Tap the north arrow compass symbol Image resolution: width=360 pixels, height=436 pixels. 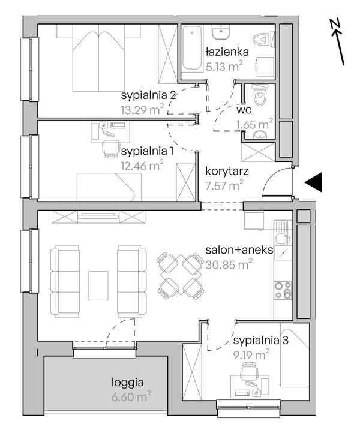click(338, 42)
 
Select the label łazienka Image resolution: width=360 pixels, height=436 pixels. click(227, 52)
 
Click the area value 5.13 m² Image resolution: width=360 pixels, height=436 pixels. click(224, 66)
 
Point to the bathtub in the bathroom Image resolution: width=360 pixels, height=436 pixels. click(191, 47)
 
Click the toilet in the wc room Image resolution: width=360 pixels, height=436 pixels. click(260, 97)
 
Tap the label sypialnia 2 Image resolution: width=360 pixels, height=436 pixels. click(148, 95)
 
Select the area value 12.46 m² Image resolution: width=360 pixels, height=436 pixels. click(142, 166)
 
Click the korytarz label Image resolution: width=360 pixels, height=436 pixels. click(227, 172)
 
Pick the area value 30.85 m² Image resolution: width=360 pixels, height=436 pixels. click(229, 264)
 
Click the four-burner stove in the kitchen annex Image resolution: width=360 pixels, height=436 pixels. click(283, 290)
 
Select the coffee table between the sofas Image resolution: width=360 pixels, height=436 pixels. click(98, 285)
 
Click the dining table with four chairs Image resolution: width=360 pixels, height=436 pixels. click(180, 275)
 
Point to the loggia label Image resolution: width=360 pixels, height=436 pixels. click(128, 383)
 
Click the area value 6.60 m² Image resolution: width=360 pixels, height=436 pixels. click(131, 396)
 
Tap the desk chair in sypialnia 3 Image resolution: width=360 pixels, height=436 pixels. click(249, 371)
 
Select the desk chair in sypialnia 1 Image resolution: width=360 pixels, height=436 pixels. click(110, 149)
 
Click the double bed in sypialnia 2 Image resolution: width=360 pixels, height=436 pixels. click(98, 58)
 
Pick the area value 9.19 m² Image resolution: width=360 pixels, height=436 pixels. click(251, 354)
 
